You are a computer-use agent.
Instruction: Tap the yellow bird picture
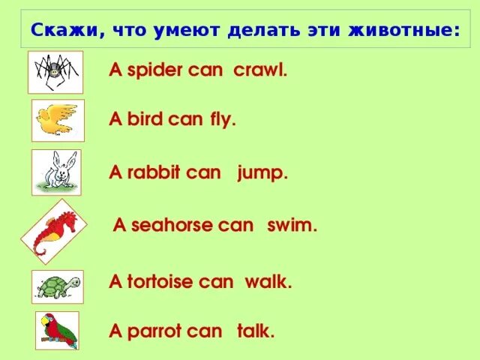coord(58,120)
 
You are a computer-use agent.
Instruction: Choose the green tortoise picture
coord(56,286)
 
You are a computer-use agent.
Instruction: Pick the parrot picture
coord(58,330)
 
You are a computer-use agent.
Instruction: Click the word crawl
coord(260,71)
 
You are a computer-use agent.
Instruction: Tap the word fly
coord(223,119)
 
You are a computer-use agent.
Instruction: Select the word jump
coord(262,172)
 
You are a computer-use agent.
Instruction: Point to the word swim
coord(292,226)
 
